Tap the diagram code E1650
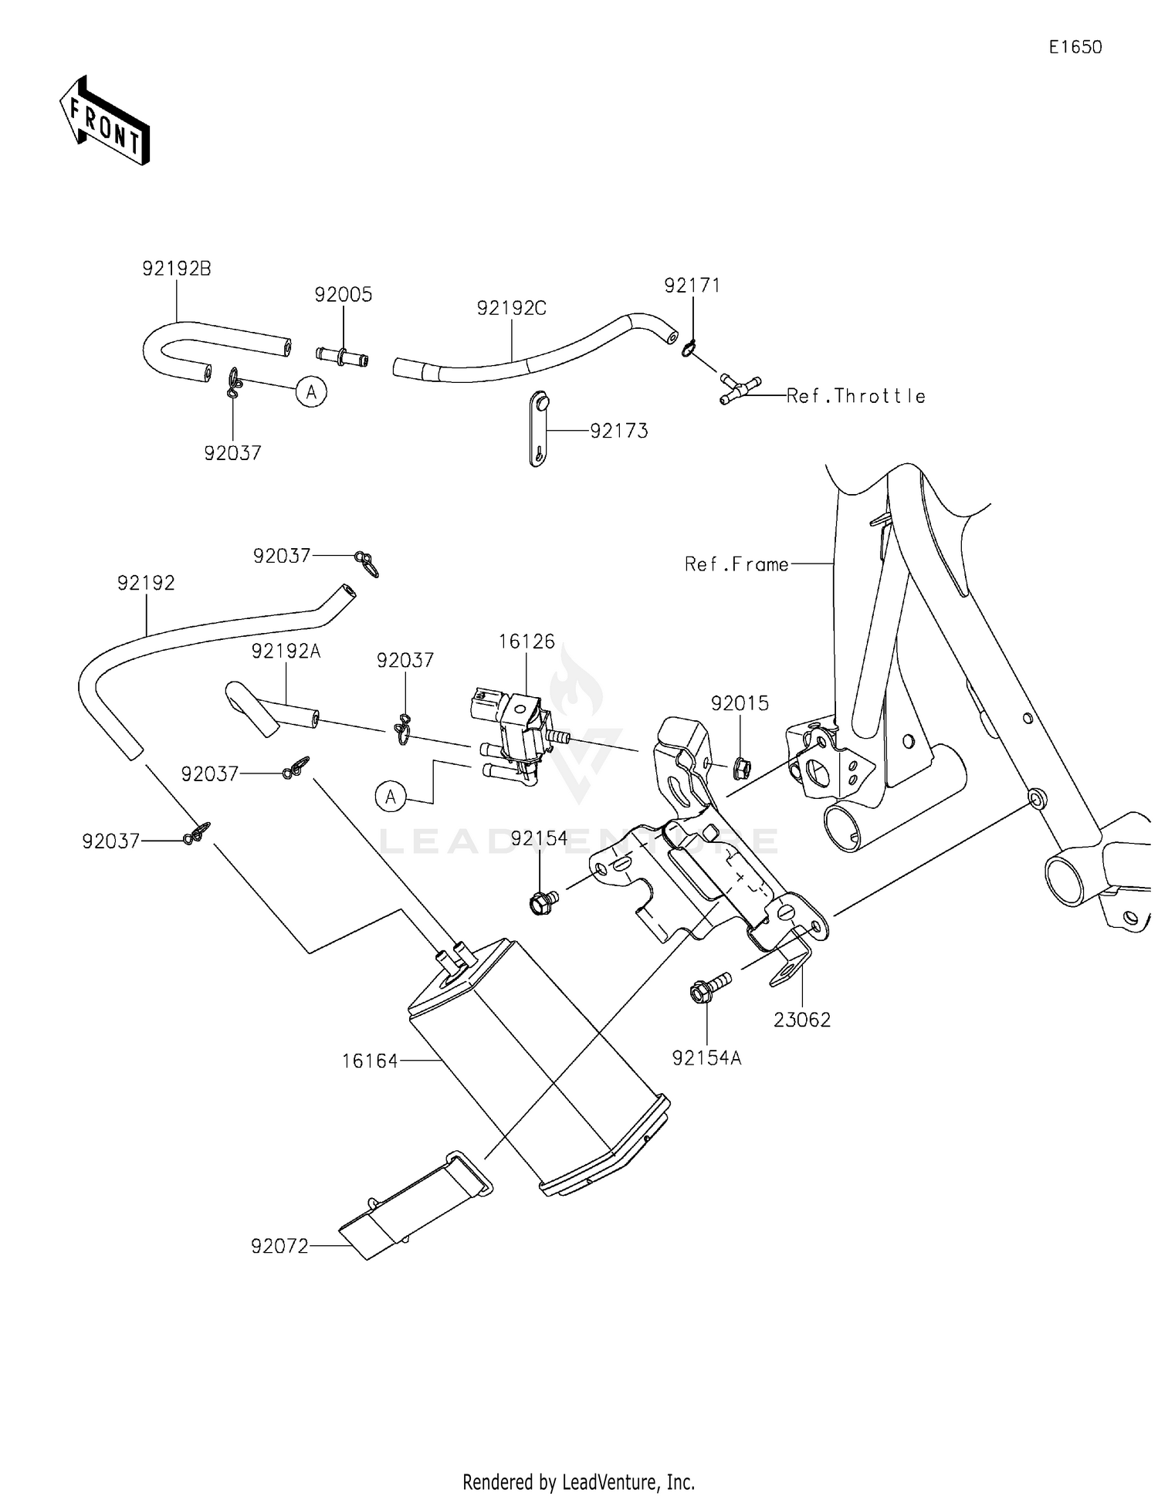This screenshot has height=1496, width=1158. click(x=1075, y=48)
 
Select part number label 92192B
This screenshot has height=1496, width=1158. click(x=176, y=269)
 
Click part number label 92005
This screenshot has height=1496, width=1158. click(x=343, y=295)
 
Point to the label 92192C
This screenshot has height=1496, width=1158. click(x=511, y=308)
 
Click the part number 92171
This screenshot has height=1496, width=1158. click(x=692, y=286)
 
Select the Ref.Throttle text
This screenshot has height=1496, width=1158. click(x=855, y=396)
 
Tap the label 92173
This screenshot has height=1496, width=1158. click(x=618, y=432)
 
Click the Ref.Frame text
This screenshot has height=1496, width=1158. click(x=736, y=565)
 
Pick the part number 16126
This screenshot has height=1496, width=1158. click(x=527, y=641)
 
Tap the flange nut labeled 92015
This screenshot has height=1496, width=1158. click(x=740, y=767)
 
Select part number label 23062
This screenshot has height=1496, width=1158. click(x=802, y=1020)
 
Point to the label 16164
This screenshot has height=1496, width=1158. click(x=370, y=1061)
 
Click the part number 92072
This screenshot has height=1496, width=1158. click(x=279, y=1246)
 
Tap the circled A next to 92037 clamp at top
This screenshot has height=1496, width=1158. click(x=311, y=392)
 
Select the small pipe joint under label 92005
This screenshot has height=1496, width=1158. click(x=342, y=357)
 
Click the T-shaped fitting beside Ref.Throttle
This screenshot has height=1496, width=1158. click(x=738, y=388)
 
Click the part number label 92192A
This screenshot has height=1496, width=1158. click(x=286, y=652)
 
